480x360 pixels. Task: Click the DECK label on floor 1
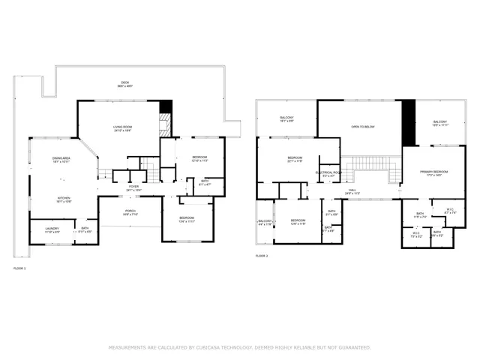pos(125,82)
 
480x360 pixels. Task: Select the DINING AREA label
pos(61,158)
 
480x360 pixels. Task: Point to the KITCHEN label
pos(64,198)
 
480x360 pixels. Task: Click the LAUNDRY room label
pos(52,229)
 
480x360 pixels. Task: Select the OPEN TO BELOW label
pos(363,127)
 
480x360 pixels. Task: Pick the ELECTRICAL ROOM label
pos(328,172)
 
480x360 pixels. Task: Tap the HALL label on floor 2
pos(351,190)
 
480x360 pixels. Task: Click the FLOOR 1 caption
pos(19,268)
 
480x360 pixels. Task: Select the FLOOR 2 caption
pos(262,256)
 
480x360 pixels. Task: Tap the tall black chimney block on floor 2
pos(409,122)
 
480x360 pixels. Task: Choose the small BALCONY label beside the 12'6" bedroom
pos(265,221)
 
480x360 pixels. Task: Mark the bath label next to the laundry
pos(85,229)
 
